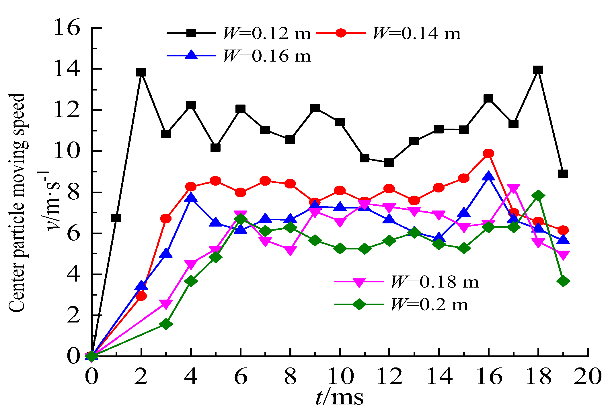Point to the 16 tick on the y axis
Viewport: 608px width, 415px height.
(67, 28)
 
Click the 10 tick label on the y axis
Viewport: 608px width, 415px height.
(67, 151)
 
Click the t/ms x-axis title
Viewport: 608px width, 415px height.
(340, 398)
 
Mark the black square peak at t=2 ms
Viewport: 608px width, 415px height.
(141, 72)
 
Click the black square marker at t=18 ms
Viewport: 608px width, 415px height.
(538, 70)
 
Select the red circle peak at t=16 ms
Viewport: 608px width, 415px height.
(488, 154)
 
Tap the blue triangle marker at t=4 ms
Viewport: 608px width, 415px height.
(191, 198)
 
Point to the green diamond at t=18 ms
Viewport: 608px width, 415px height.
(538, 196)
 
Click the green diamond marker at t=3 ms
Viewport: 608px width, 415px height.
(166, 324)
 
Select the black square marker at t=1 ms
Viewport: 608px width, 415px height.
(116, 218)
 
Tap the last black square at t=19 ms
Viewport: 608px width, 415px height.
(563, 174)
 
